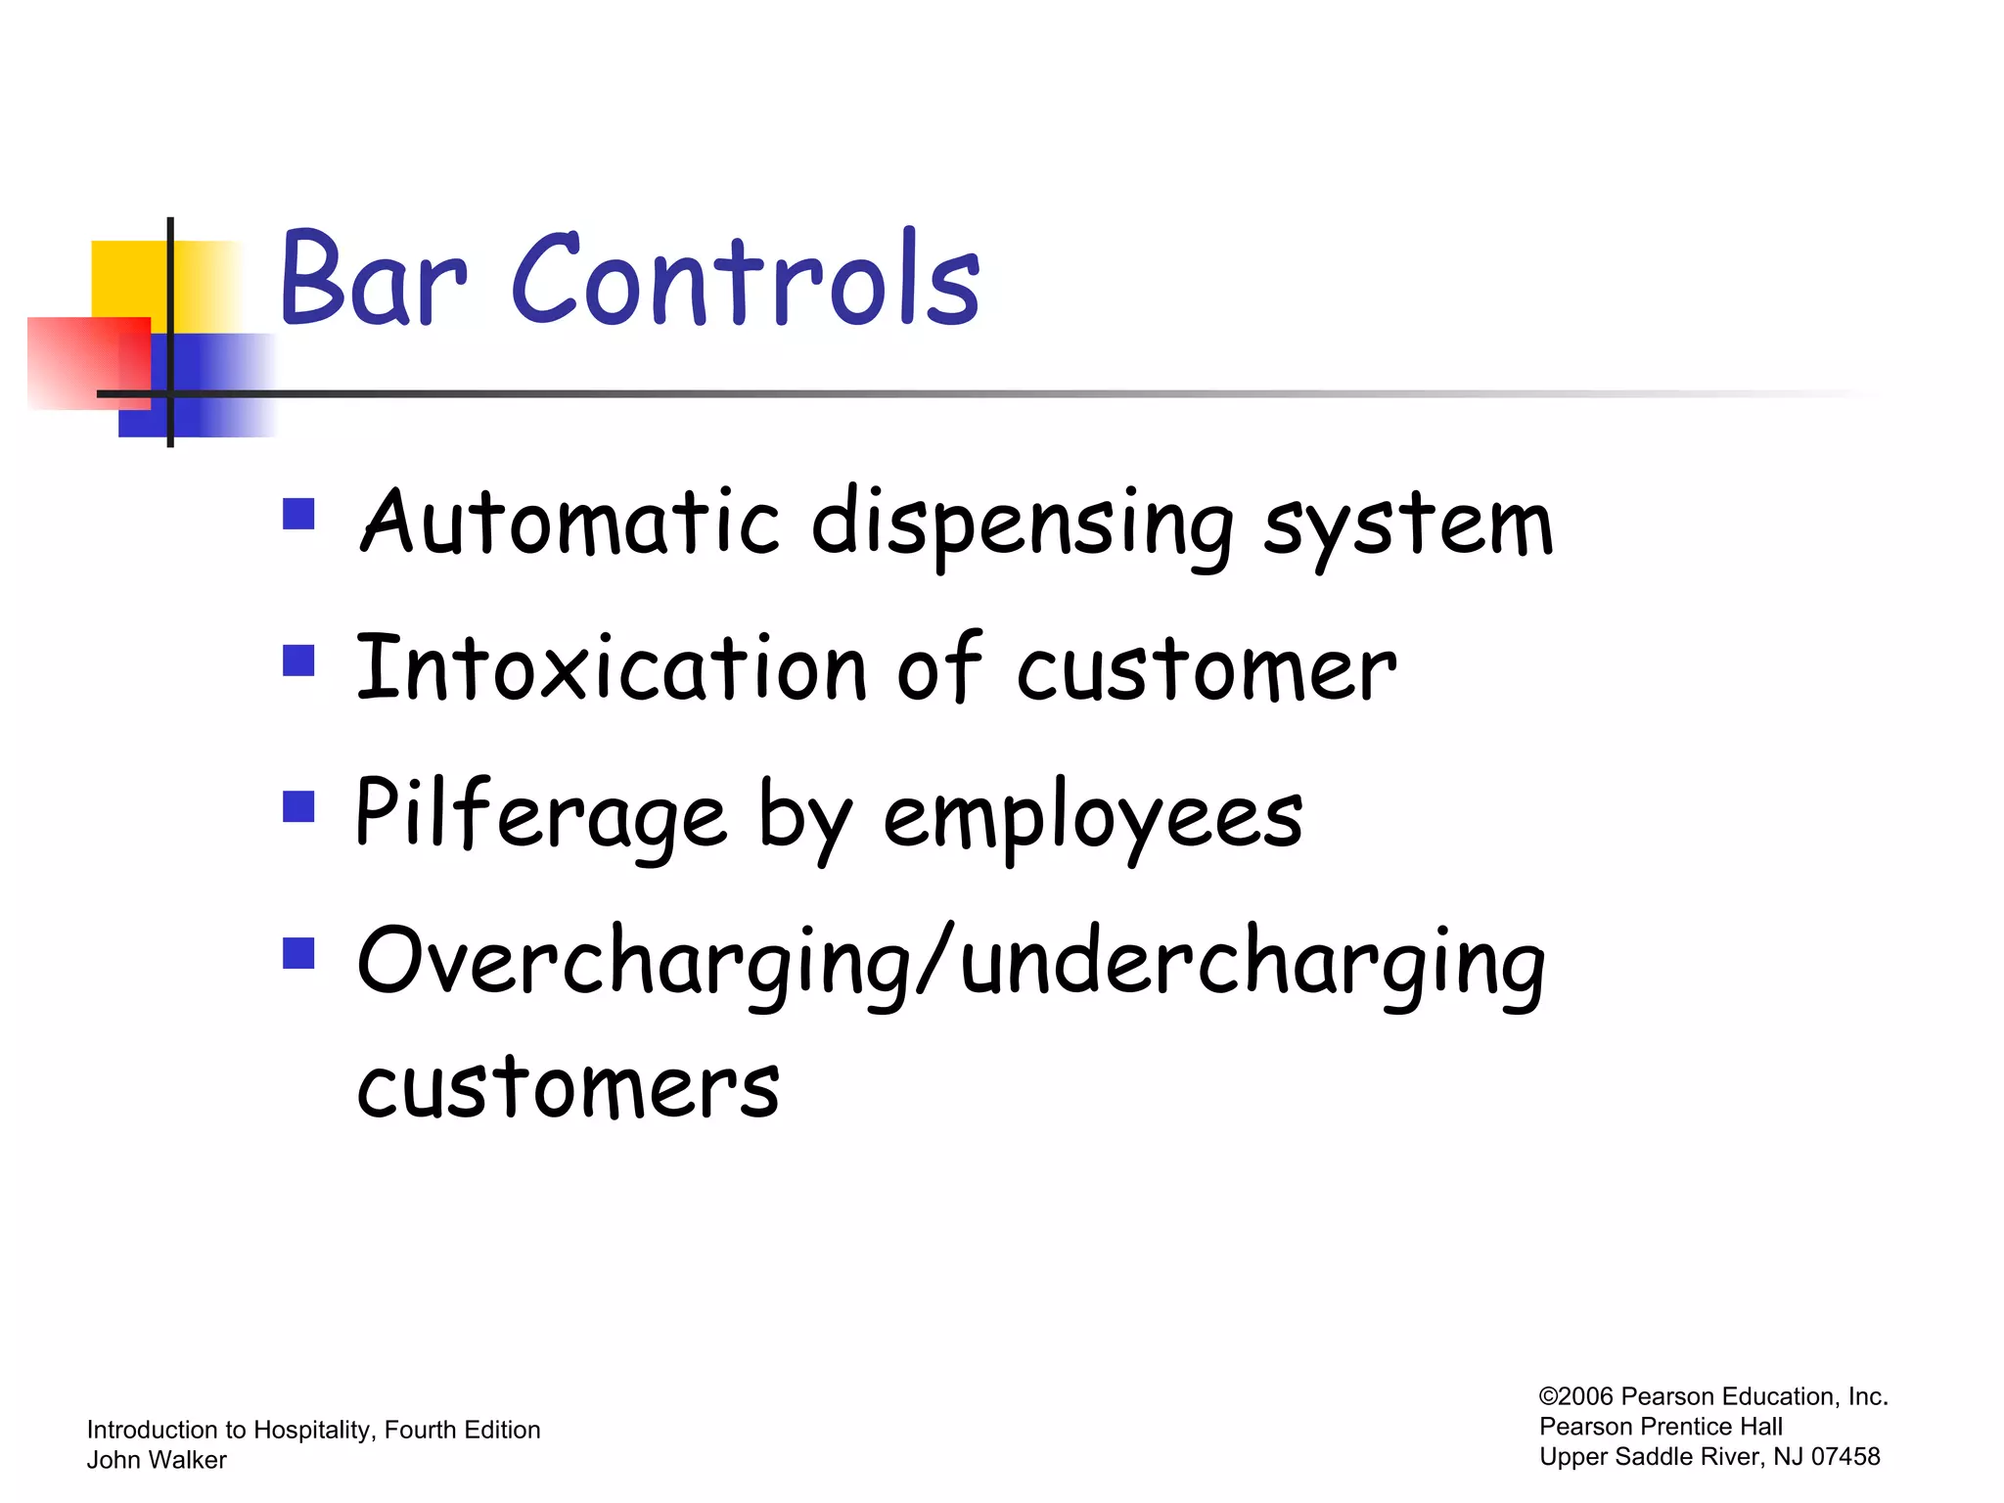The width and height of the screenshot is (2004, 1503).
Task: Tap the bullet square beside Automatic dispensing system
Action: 298,514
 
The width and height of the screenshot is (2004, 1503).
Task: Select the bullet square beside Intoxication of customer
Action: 298,660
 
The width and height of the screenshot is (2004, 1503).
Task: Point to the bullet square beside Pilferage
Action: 298,807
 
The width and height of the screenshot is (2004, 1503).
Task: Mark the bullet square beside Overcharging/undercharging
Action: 298,953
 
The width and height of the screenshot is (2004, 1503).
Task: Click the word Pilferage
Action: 541,815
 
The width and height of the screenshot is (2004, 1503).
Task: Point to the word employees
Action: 1093,820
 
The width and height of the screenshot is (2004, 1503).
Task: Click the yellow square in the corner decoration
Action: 127,278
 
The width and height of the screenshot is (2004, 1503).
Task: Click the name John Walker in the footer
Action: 157,1460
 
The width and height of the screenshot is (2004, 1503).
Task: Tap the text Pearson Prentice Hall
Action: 1661,1427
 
